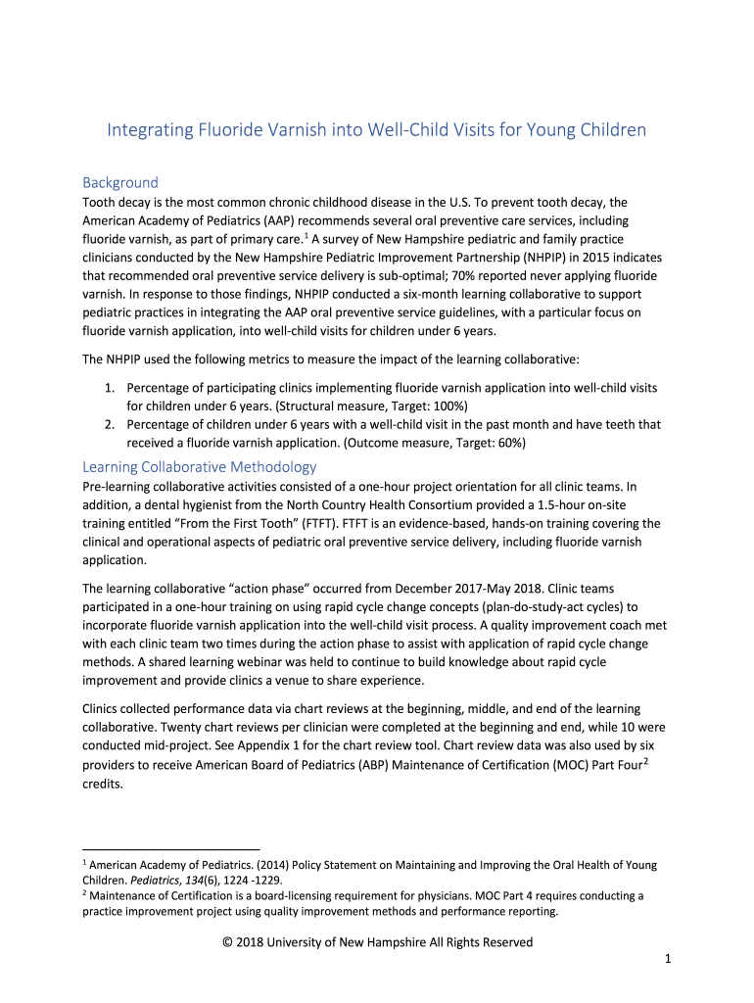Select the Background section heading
pos(119,182)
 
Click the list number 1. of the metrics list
pos(111,389)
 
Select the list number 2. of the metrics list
pos(111,424)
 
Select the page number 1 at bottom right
pos(666,960)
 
